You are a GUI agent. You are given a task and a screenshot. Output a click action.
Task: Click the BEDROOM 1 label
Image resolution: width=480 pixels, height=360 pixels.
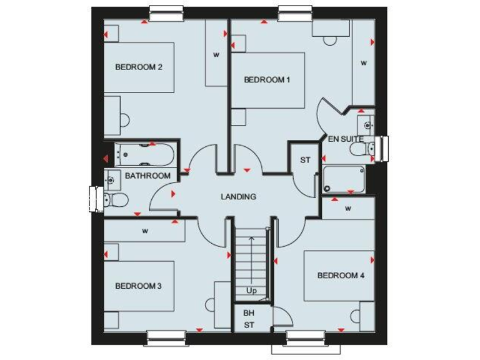point(267,79)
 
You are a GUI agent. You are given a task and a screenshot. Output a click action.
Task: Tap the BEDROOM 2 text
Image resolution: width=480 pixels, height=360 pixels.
point(139,67)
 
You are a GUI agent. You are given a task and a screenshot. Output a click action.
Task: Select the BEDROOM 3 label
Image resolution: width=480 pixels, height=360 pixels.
point(138,286)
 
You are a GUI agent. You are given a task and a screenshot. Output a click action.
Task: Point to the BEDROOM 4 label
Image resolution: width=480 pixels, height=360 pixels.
point(341,275)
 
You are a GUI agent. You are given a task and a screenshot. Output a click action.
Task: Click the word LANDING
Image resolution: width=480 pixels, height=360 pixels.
point(238,196)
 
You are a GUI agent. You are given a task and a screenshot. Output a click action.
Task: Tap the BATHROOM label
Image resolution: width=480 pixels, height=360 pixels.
point(147,176)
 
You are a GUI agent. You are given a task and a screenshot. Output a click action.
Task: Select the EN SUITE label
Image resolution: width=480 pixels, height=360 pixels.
point(346,139)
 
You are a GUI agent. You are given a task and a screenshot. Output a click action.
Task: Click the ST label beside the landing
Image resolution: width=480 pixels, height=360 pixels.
point(305,160)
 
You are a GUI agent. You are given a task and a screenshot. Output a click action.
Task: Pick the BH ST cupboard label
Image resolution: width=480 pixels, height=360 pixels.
point(249,319)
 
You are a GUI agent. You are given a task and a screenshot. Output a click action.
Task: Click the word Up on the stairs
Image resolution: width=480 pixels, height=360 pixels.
point(251,291)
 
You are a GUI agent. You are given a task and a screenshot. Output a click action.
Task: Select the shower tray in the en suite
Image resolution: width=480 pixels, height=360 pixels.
point(344,179)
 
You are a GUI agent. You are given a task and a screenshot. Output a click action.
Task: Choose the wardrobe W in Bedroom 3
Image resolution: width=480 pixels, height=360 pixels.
point(145,231)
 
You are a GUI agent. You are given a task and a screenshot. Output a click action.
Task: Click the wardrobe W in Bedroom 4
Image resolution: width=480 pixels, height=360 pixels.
point(348,208)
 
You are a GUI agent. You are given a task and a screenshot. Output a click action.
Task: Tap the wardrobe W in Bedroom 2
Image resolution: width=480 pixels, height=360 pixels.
point(216,54)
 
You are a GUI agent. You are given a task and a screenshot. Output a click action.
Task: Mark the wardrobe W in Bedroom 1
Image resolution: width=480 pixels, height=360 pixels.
point(362,62)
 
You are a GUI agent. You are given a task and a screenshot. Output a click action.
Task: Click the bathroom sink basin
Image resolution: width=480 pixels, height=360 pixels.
point(112,180)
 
